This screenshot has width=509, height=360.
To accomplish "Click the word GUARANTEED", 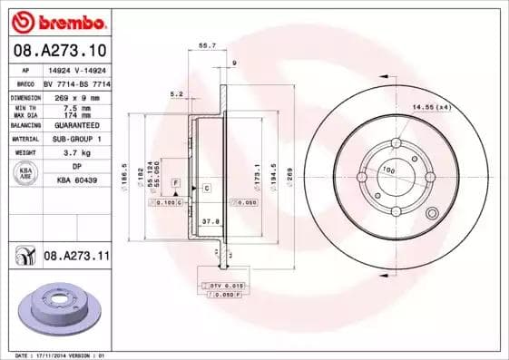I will pos(76,125).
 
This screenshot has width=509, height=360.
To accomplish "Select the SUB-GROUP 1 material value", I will pos(76,139).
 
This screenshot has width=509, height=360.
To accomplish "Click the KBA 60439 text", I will pos(76,181).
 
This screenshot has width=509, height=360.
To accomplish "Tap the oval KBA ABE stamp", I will pos(26,174).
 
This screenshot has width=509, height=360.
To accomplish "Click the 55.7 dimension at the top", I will pos(206,44).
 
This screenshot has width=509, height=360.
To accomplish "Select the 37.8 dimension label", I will pos(210,220).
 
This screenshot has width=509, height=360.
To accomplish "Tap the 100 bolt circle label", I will pos(387,170).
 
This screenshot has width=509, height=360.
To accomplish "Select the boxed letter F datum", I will pos(176,183).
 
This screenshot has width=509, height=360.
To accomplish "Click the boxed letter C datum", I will pos(206,188).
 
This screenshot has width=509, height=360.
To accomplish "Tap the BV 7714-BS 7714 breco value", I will pos(76,83).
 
